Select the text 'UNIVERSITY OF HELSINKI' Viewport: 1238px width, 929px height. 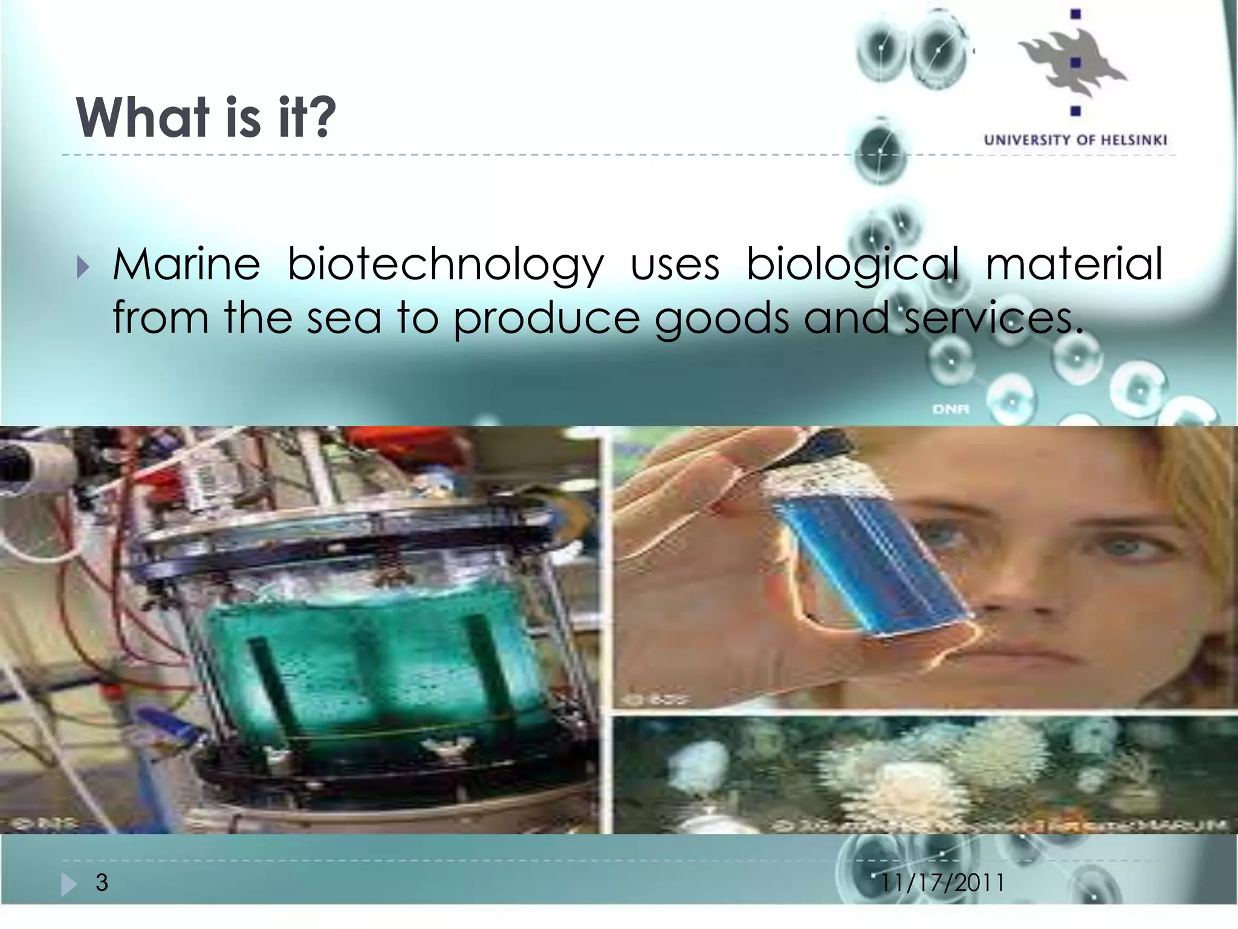[x=1075, y=140]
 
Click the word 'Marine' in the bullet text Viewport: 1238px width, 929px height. [x=186, y=264]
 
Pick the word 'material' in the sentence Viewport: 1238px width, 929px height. [x=1074, y=264]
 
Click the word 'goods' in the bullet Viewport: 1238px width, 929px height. [x=722, y=319]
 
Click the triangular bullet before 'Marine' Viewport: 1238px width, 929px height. [x=83, y=267]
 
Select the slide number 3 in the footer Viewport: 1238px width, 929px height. [x=102, y=882]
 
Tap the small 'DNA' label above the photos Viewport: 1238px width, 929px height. [x=951, y=409]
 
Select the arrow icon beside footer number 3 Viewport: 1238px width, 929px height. [x=68, y=885]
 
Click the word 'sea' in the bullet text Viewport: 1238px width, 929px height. [x=343, y=319]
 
